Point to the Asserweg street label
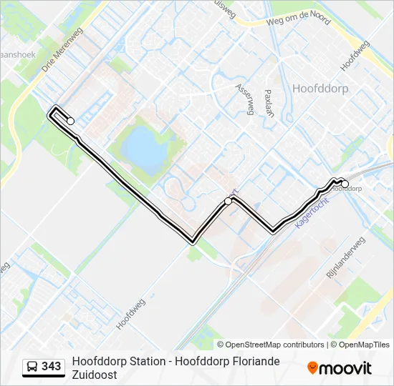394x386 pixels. point(244,99)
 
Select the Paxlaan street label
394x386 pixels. point(269,102)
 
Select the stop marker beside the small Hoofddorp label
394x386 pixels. point(345,184)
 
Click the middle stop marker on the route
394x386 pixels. point(229,201)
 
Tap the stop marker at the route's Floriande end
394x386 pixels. point(70,121)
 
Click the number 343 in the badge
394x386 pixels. point(52,367)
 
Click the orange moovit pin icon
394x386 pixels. point(313,368)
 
